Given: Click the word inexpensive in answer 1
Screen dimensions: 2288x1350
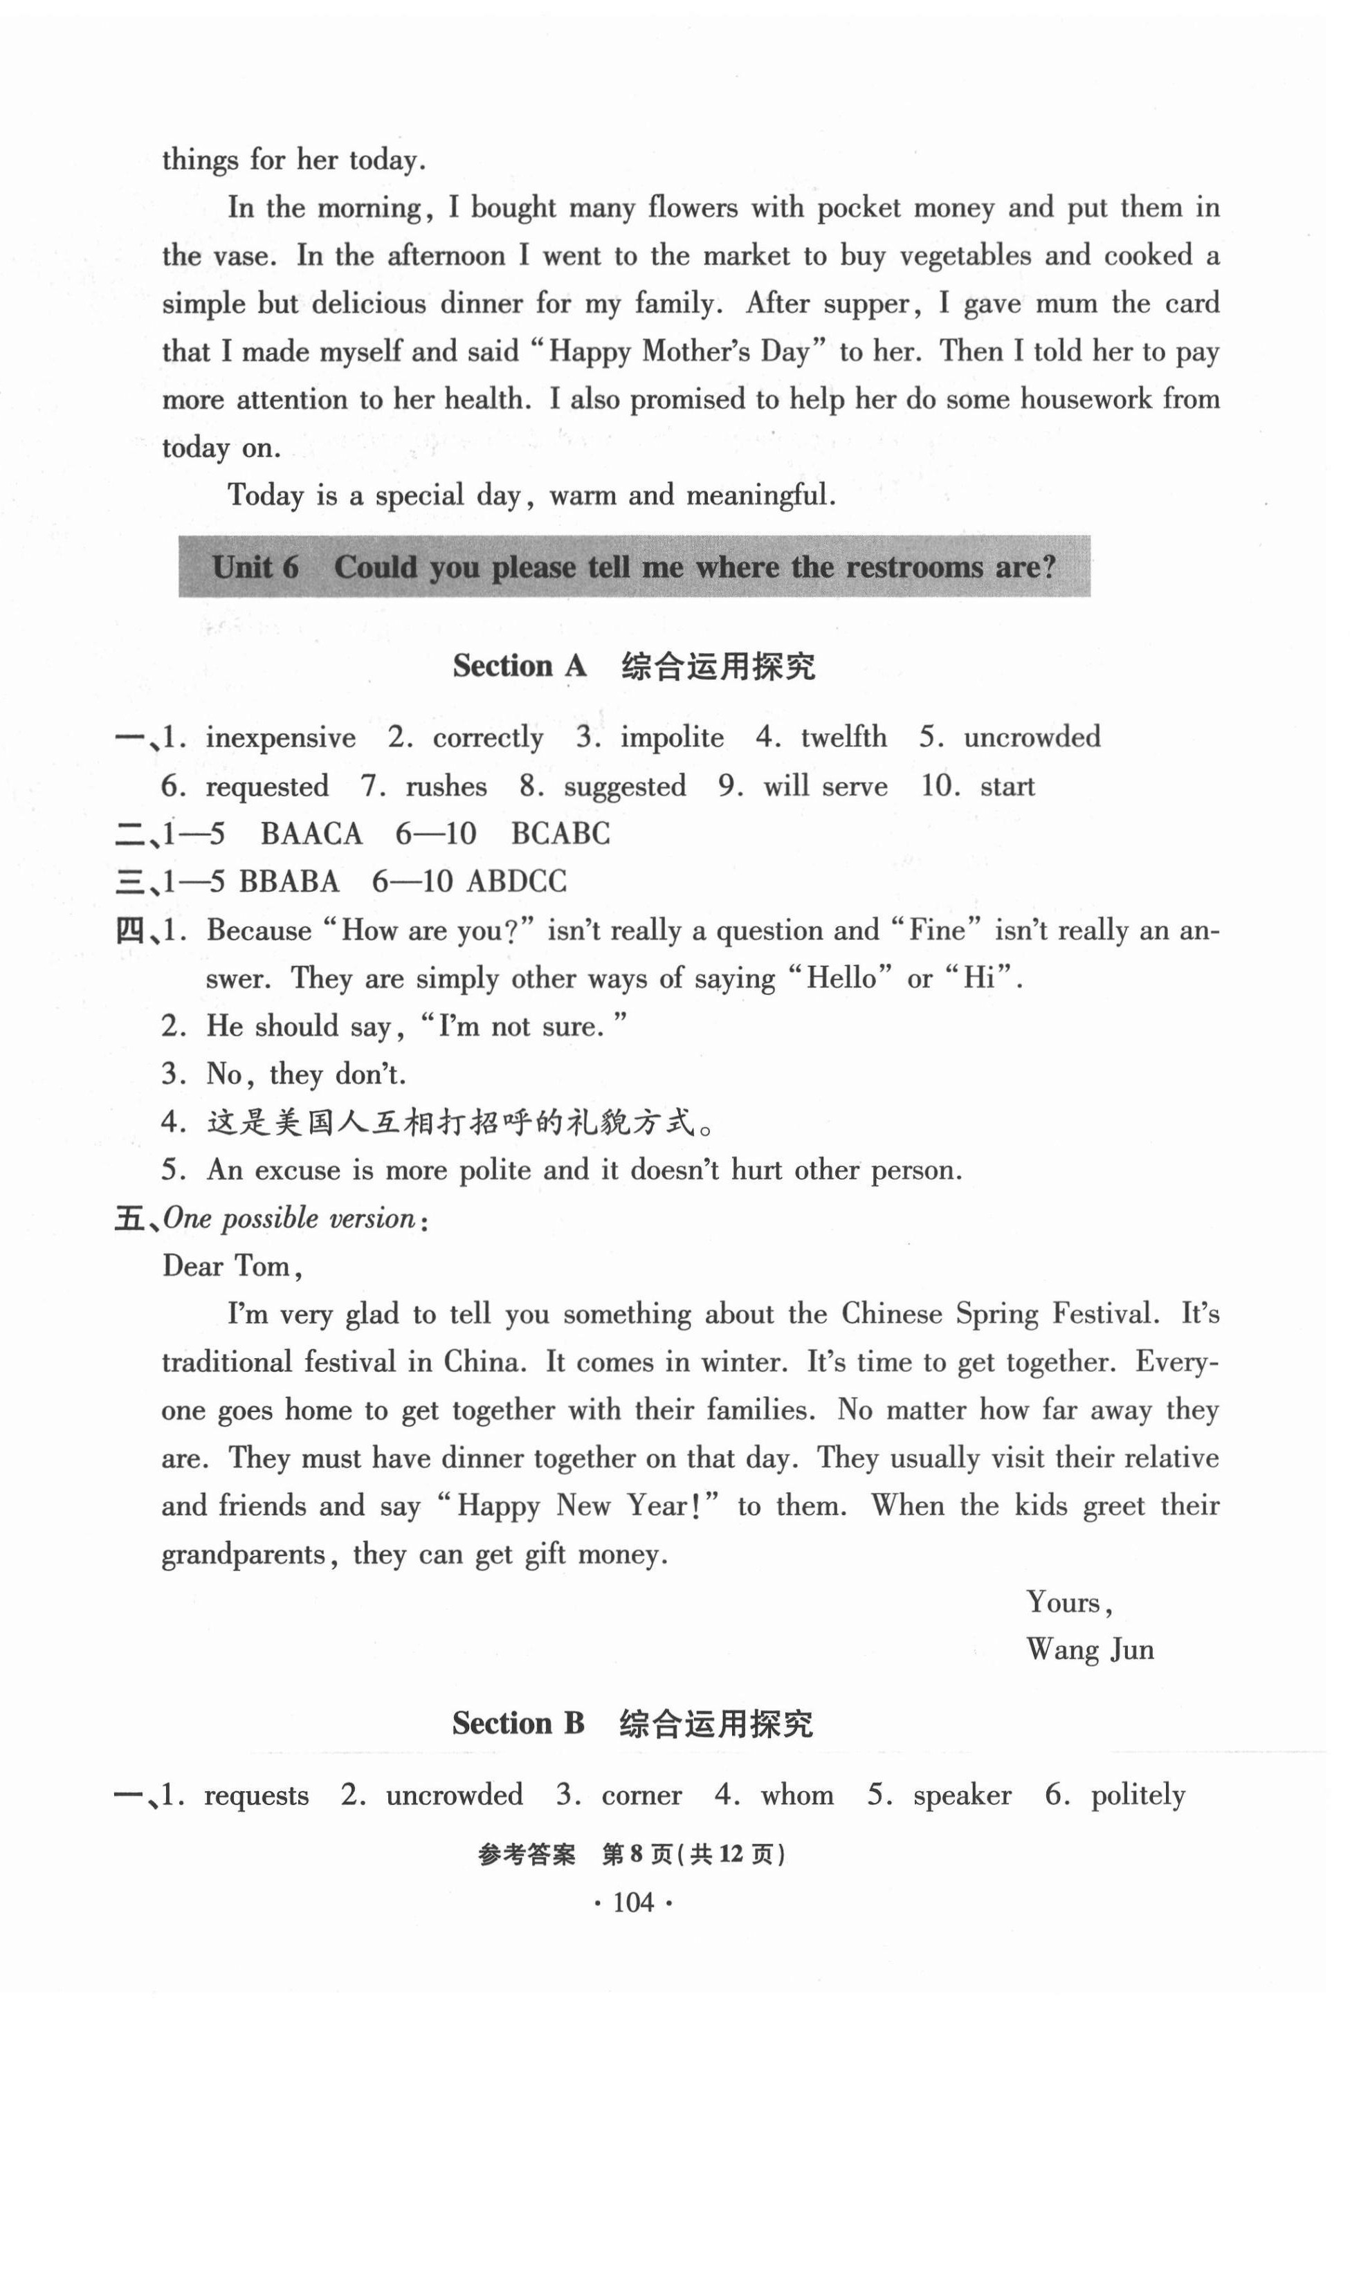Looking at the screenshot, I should [280, 738].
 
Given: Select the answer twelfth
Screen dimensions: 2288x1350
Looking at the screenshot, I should [843, 737].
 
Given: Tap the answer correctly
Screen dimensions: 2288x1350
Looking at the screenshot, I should [488, 738].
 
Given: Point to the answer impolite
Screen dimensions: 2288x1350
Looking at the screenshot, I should [673, 738].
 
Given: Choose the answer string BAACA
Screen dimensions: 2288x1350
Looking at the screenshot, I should [311, 834].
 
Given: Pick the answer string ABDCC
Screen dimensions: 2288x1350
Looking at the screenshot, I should [516, 882].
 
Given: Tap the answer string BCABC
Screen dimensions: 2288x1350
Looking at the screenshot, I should [560, 834].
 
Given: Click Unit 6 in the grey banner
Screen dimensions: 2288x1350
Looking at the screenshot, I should [255, 567].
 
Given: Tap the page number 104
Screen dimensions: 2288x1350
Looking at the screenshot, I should [633, 1901].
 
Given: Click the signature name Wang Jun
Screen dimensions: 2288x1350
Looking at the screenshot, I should [1090, 1651].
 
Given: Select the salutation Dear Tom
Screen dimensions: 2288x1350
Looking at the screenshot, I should [231, 1267].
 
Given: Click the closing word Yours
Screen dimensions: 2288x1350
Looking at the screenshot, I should [1067, 1602].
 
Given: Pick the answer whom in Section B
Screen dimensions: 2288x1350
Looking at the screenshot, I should [797, 1795].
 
